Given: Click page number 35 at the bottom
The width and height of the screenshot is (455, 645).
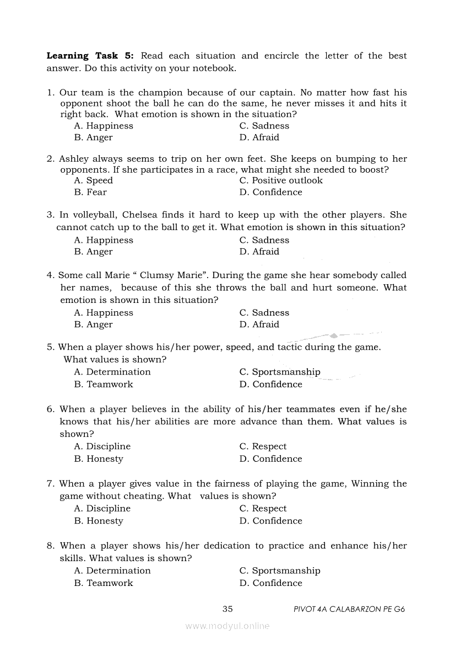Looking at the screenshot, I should [x=227, y=609].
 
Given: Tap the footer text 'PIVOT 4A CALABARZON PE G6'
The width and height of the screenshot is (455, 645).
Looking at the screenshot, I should [x=350, y=610].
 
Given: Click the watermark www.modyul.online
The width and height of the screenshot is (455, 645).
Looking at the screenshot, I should [x=227, y=626].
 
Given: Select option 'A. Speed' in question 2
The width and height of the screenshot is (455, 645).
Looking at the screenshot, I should [x=93, y=180].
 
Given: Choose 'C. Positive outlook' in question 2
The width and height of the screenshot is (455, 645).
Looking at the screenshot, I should [x=281, y=180].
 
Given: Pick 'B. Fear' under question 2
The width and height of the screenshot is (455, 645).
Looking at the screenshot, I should [x=90, y=192].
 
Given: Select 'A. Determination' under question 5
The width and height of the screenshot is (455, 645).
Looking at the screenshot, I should [x=112, y=372].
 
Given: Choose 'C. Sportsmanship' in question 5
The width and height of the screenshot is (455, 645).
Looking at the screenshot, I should [x=280, y=372].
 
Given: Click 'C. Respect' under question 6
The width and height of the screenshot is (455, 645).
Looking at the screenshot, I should [x=263, y=446].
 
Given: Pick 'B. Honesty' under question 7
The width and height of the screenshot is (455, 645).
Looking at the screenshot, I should [x=99, y=521].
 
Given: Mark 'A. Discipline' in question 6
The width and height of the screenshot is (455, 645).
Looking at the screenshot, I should [x=102, y=446].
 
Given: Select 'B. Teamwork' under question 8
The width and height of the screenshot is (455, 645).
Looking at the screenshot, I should [x=104, y=583].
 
